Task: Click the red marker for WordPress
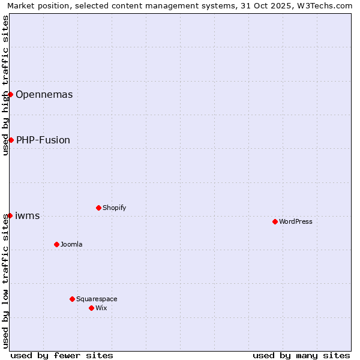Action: click(275, 221)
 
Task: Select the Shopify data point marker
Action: click(98, 208)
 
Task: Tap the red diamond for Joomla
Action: click(56, 244)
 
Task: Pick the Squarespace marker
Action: click(72, 299)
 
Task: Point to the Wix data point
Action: click(91, 308)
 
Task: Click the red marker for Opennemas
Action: click(10, 94)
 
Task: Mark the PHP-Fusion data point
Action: click(11, 140)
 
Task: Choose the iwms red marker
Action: click(10, 215)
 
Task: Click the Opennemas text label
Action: click(44, 94)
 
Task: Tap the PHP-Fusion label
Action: click(43, 140)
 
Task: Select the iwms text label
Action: click(27, 215)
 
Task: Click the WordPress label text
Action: click(295, 221)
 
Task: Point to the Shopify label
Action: click(114, 208)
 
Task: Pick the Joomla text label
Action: click(71, 244)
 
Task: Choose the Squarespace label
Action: click(97, 299)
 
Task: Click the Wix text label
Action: click(101, 308)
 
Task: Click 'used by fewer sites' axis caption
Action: click(62, 355)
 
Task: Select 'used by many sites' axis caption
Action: click(301, 355)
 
